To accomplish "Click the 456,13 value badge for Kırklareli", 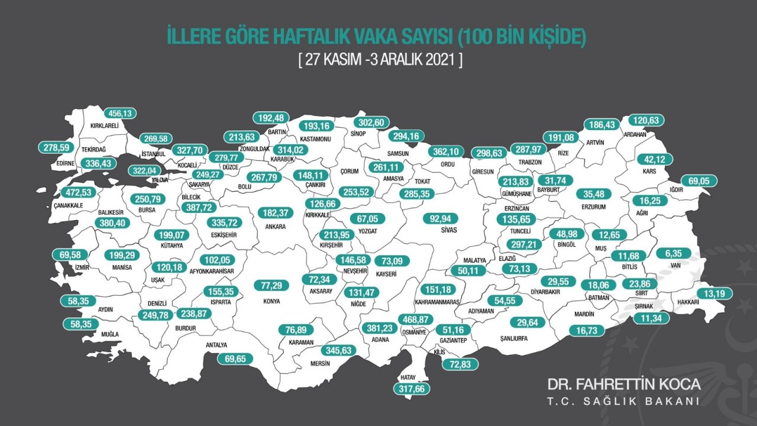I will tap(119, 113).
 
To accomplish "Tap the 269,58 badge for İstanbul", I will tap(160, 139).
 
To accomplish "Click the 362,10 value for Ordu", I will tap(446, 151).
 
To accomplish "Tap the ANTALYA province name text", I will tap(216, 346).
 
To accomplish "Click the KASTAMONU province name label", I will tap(315, 138).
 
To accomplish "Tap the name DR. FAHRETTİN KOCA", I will tap(623, 384).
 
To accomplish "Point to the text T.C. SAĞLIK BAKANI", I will tap(623, 402).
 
